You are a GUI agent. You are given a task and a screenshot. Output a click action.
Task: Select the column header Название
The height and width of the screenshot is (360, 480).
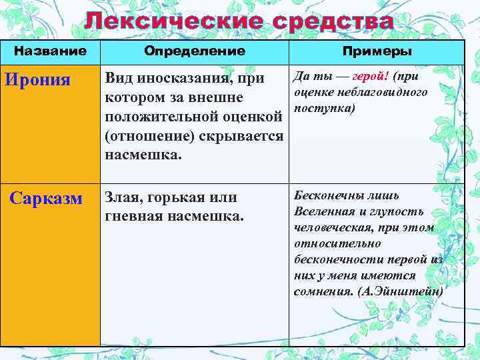(x=51, y=51)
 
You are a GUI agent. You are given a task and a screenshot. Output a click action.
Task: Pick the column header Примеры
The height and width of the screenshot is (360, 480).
(x=377, y=51)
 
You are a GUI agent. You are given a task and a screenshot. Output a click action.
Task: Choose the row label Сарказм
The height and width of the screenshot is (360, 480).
(x=47, y=199)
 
